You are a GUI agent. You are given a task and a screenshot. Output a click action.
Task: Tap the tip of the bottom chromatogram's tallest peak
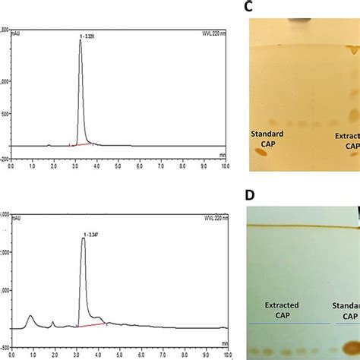83,217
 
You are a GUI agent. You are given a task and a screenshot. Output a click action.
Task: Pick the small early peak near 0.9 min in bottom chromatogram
30,318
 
